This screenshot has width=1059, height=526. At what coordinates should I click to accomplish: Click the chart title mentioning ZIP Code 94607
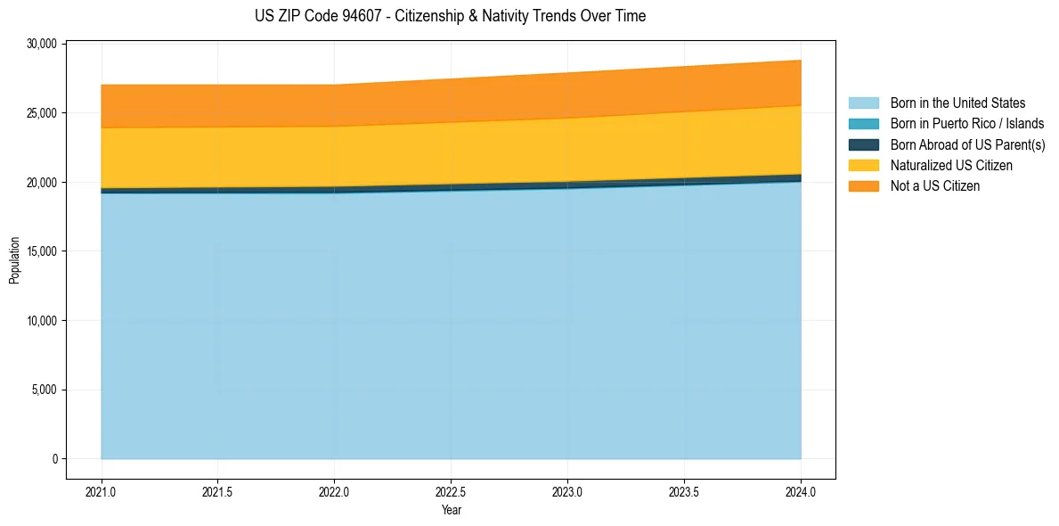[x=450, y=16]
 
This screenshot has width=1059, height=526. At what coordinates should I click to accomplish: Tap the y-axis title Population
[x=14, y=260]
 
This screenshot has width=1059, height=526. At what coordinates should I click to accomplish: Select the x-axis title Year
[x=451, y=510]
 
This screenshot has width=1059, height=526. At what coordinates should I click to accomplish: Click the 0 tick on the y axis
[x=54, y=459]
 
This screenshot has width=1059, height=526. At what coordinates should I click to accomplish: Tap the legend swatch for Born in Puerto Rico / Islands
[x=864, y=124]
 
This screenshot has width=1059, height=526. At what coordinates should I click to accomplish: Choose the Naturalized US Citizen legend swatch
[x=864, y=165]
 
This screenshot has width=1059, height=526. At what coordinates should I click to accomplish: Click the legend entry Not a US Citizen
[x=934, y=185]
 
